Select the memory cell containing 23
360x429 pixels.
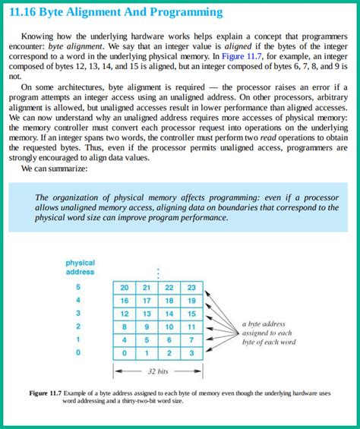coord(191,288)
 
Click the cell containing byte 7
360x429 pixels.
coord(191,340)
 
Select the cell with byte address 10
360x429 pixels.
coord(169,327)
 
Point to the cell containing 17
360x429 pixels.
coord(147,301)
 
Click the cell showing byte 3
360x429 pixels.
coord(191,353)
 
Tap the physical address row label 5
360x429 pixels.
coord(77,287)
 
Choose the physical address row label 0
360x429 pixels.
coord(77,353)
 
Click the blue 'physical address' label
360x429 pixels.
coord(80,267)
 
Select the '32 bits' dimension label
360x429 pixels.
coord(157,372)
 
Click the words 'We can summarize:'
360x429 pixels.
coord(55,169)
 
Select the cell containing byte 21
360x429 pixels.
coord(147,288)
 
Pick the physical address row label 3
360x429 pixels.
coord(77,314)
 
